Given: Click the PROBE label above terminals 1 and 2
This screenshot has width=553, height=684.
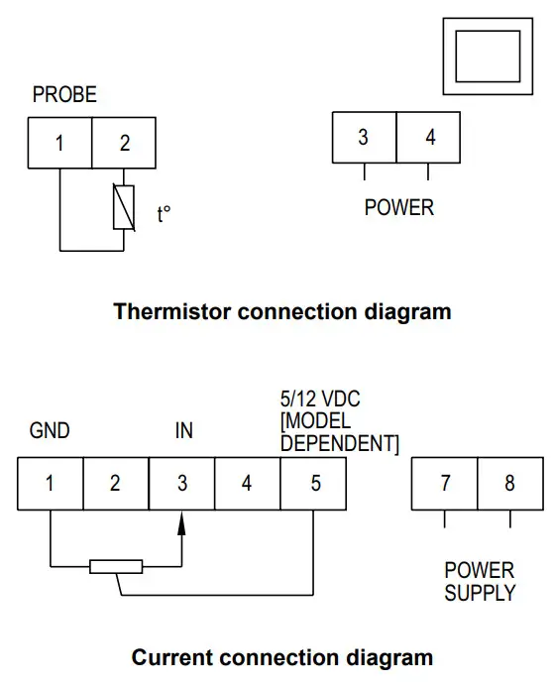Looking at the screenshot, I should (x=64, y=95).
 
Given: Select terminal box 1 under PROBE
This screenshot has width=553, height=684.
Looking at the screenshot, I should (x=59, y=143).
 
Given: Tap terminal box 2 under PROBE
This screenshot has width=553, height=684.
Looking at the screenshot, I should (x=125, y=143).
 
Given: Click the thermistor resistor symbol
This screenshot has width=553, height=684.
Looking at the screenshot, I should (x=125, y=208).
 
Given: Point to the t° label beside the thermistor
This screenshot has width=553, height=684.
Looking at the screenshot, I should (x=164, y=214).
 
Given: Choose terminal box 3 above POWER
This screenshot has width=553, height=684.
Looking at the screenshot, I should (x=364, y=138).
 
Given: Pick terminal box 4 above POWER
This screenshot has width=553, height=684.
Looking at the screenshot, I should (x=429, y=138).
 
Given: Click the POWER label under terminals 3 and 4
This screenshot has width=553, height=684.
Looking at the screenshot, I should (x=398, y=208).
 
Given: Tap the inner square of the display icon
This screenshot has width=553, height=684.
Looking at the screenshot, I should (x=487, y=56).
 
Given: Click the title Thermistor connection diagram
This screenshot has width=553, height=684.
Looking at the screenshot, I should (x=282, y=311).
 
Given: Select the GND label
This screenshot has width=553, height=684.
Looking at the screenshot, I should (x=50, y=431).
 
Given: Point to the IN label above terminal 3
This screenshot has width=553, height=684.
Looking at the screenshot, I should (x=183, y=431).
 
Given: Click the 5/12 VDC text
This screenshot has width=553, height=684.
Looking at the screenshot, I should (x=320, y=399).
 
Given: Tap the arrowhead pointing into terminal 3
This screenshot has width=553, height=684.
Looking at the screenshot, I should (x=182, y=521).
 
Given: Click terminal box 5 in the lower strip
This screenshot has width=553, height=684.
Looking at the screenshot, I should (x=315, y=484).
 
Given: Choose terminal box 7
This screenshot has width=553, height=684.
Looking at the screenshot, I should (x=445, y=484).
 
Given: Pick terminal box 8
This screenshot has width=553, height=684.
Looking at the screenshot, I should (x=509, y=484).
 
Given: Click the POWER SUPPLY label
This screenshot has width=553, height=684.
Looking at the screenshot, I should (x=480, y=582).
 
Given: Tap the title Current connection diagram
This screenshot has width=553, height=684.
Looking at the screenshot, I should (x=282, y=657).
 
